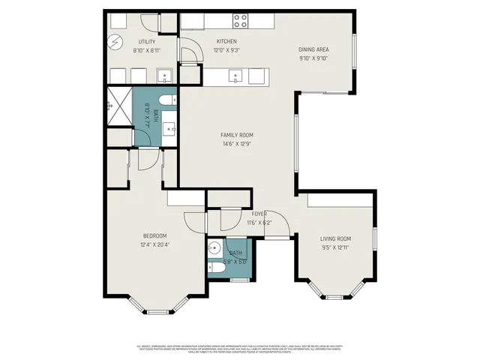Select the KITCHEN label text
(226, 41)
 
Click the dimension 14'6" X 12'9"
(236, 144)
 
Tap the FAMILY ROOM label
(236, 135)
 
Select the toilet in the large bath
(168, 100)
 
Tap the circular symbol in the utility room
(116, 42)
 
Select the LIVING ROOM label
(335, 238)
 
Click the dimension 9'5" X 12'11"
(335, 248)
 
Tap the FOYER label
(259, 214)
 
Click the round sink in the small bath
(215, 249)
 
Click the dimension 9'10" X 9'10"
(314, 58)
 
